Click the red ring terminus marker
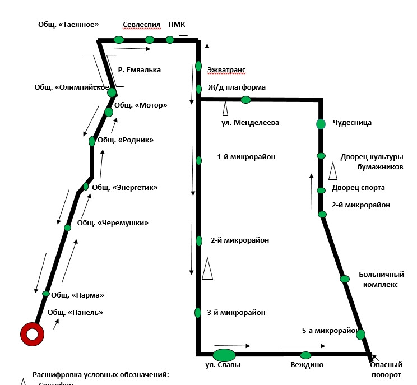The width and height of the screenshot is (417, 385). (33, 335)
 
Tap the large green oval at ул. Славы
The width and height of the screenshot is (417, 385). (224, 355)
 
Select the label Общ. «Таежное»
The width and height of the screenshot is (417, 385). (68, 24)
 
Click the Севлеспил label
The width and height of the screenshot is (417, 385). (142, 25)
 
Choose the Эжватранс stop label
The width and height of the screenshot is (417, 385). (226, 70)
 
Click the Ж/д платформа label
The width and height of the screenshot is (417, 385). (237, 87)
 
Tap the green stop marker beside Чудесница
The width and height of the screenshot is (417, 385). (321, 124)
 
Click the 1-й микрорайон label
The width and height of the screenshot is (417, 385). (247, 157)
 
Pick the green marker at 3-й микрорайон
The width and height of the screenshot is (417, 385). (198, 313)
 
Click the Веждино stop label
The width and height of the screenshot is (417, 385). (307, 365)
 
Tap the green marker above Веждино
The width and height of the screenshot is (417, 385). (305, 355)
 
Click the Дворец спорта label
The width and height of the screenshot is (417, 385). (358, 188)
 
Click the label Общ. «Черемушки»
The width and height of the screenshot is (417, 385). (113, 222)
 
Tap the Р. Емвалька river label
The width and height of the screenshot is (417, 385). (140, 70)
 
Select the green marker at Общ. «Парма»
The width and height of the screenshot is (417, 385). (46, 293)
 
